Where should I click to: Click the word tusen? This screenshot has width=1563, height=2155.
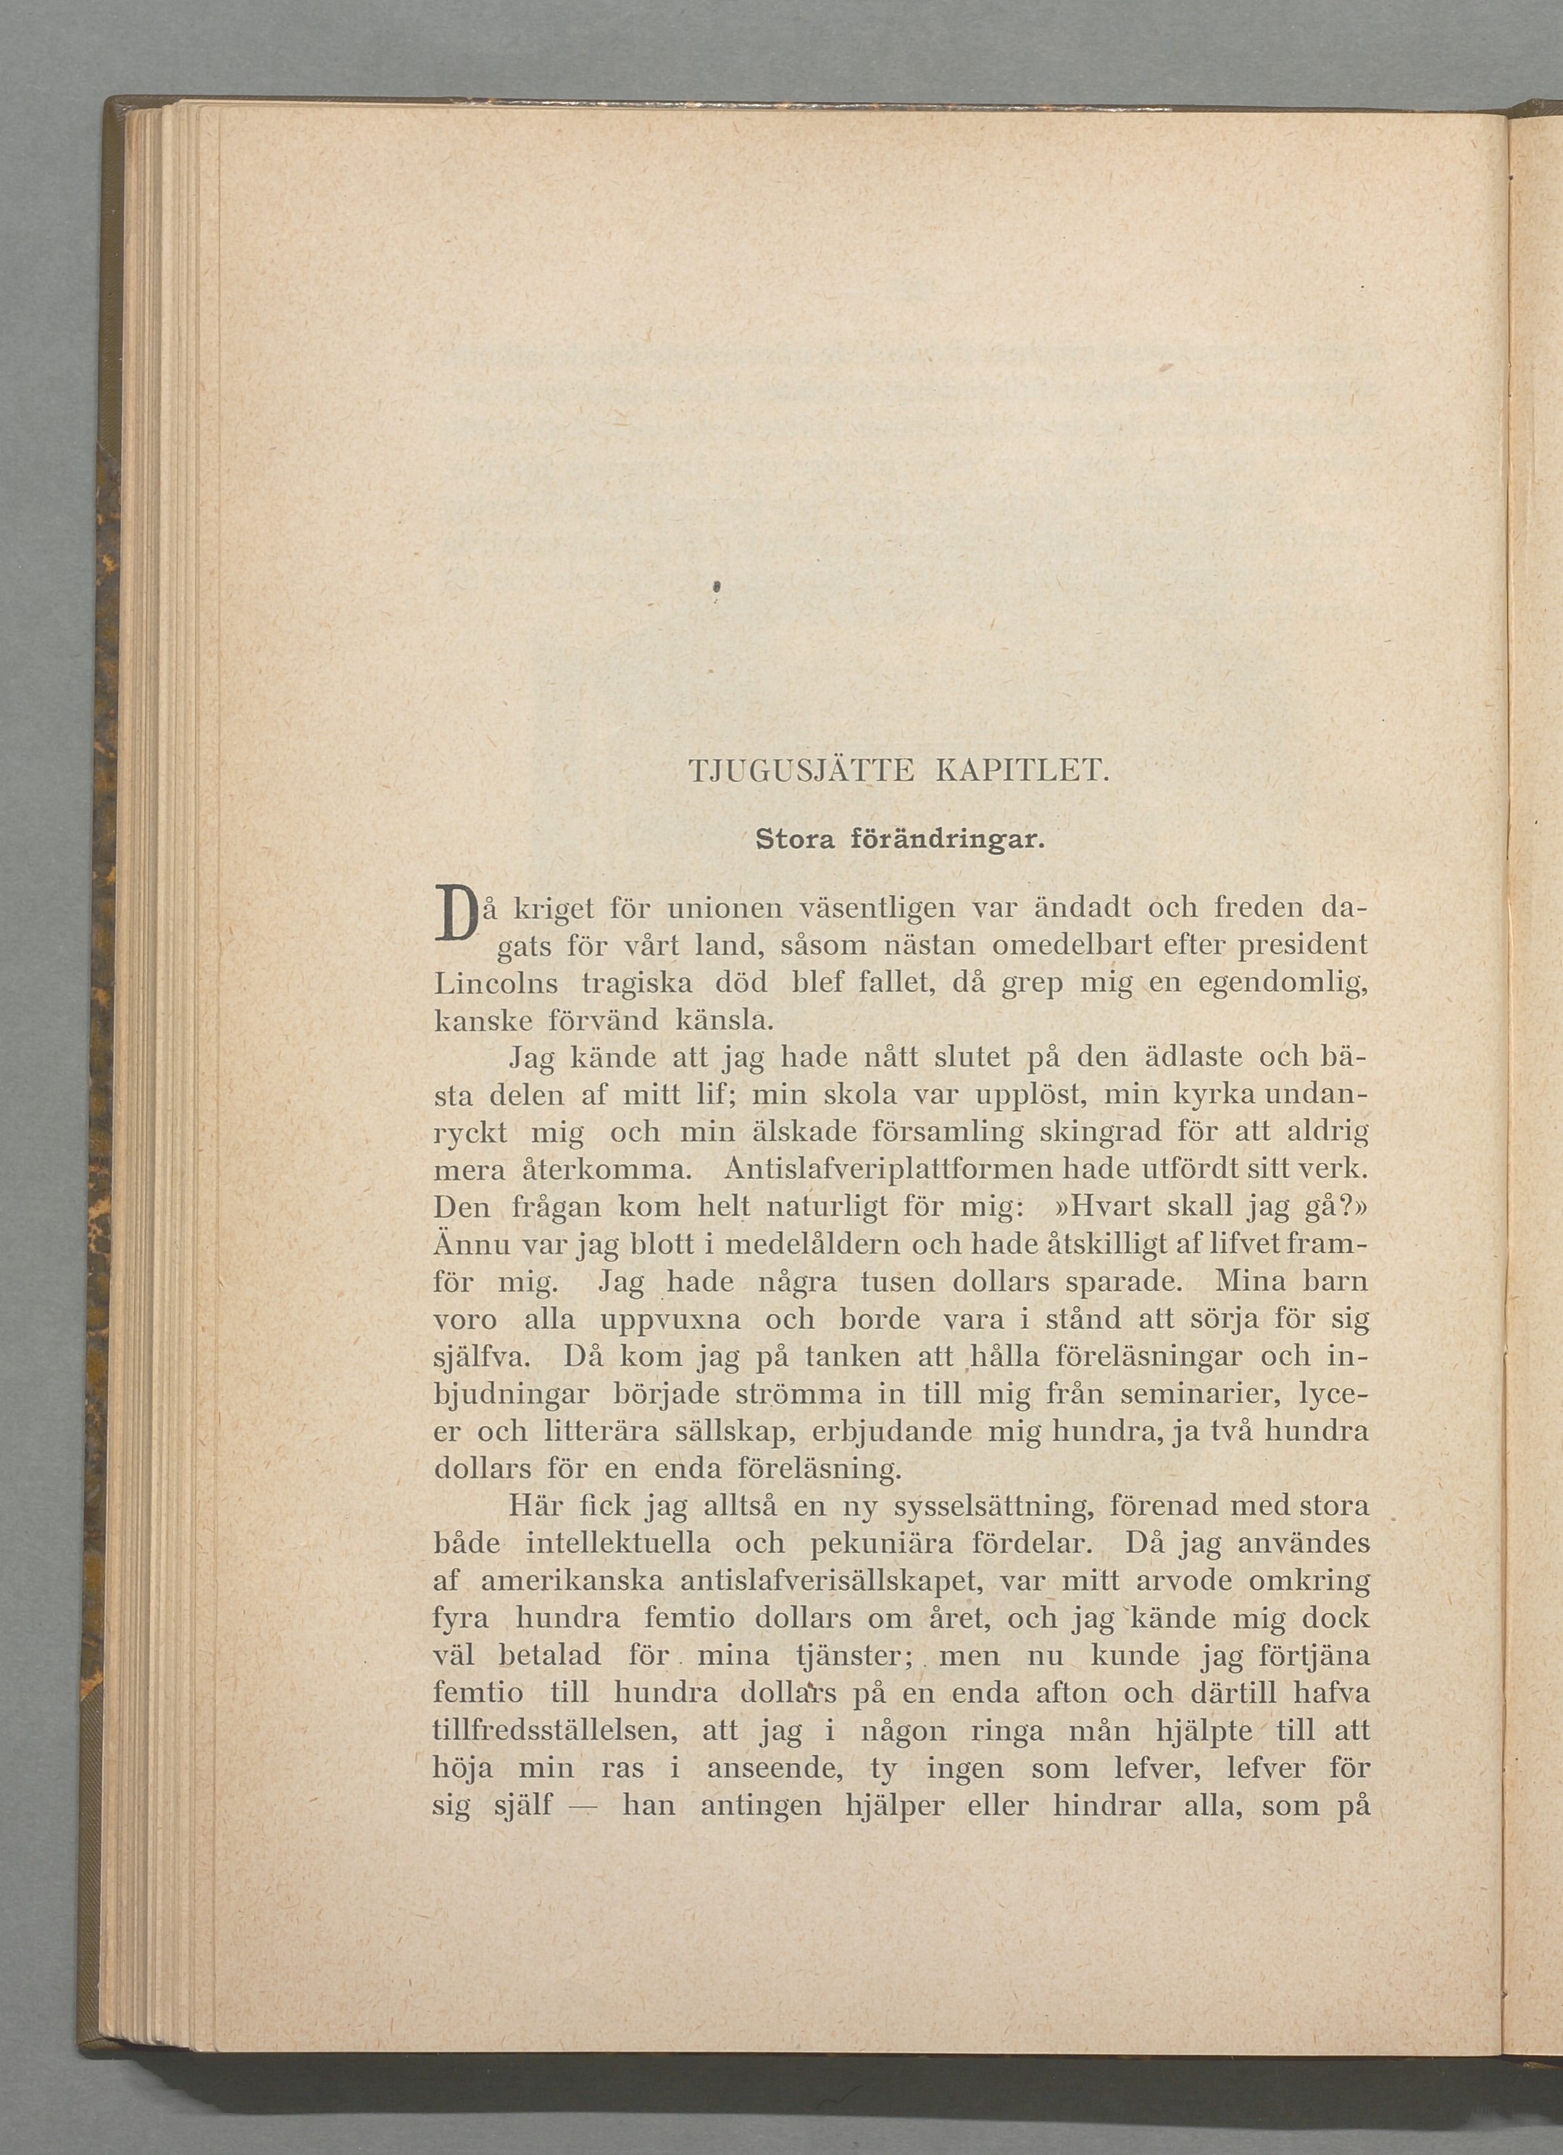[x=898, y=1282]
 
